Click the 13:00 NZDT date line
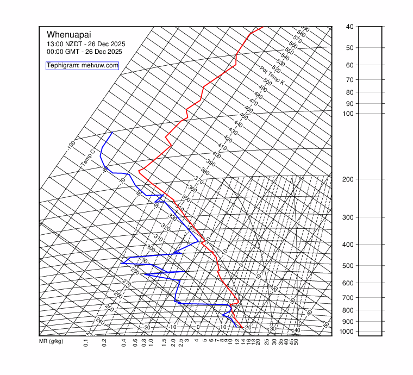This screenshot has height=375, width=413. pyautogui.click(x=84, y=44)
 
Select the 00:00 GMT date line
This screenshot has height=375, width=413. pyautogui.click(x=84, y=52)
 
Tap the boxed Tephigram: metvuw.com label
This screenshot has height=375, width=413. pyautogui.click(x=82, y=66)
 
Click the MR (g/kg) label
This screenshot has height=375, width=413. pyautogui.click(x=51, y=342)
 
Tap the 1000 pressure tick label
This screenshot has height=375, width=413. pyautogui.click(x=350, y=332)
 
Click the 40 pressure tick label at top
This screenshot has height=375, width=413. pyautogui.click(x=349, y=27)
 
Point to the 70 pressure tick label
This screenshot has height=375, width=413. pyautogui.click(x=349, y=80)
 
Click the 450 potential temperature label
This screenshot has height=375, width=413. pyautogui.click(x=243, y=117)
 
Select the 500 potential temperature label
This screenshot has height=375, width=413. pyautogui.click(x=267, y=82)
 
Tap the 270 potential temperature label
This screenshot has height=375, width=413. pyautogui.click(x=127, y=283)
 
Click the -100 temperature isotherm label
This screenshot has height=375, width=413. pyautogui.click(x=71, y=146)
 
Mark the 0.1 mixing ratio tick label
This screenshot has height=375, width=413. pyautogui.click(x=86, y=343)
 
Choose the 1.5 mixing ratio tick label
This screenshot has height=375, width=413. pyautogui.click(x=164, y=343)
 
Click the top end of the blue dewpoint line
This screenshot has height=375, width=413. pyautogui.click(x=112, y=132)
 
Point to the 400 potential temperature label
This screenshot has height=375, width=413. pyautogui.click(x=216, y=155)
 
